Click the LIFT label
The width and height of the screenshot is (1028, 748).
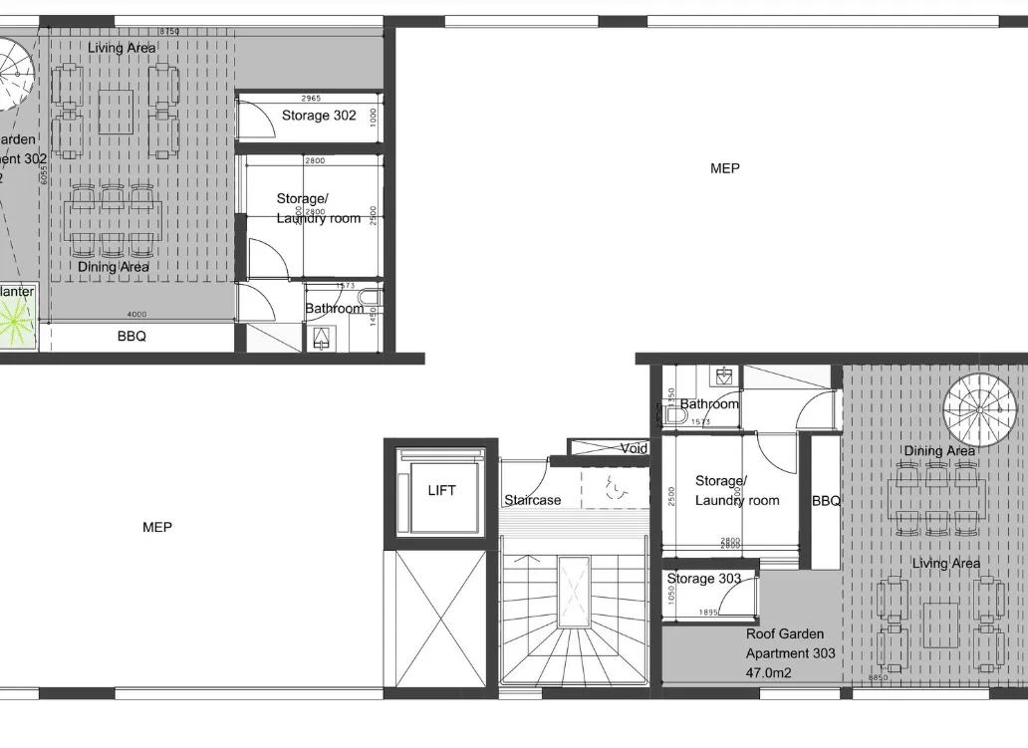[441, 491]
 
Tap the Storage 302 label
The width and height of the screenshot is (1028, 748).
[319, 116]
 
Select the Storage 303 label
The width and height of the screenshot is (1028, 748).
[704, 579]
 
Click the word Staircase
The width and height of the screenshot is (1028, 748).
[532, 500]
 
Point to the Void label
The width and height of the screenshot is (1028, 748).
[634, 448]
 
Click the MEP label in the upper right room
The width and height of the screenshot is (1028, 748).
[725, 168]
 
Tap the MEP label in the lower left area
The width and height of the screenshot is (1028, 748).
[157, 527]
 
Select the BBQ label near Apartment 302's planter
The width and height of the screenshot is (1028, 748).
[131, 337]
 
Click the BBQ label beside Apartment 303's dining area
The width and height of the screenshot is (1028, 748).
[826, 501]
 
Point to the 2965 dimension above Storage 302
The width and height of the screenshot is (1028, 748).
[309, 98]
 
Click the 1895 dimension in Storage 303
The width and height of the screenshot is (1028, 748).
[709, 613]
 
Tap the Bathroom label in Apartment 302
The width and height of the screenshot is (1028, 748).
[335, 309]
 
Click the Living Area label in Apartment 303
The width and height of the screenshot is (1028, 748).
[945, 564]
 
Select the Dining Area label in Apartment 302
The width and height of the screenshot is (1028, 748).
[114, 267]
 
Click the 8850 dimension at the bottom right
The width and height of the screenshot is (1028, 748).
[878, 678]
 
